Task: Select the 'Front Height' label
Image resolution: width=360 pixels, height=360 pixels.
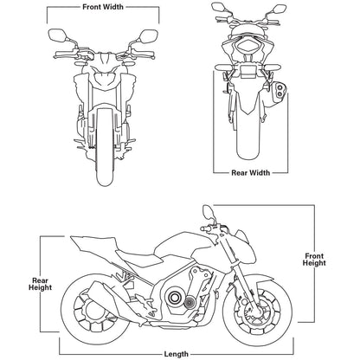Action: (313, 258)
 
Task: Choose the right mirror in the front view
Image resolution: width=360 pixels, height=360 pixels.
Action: (147, 35)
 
